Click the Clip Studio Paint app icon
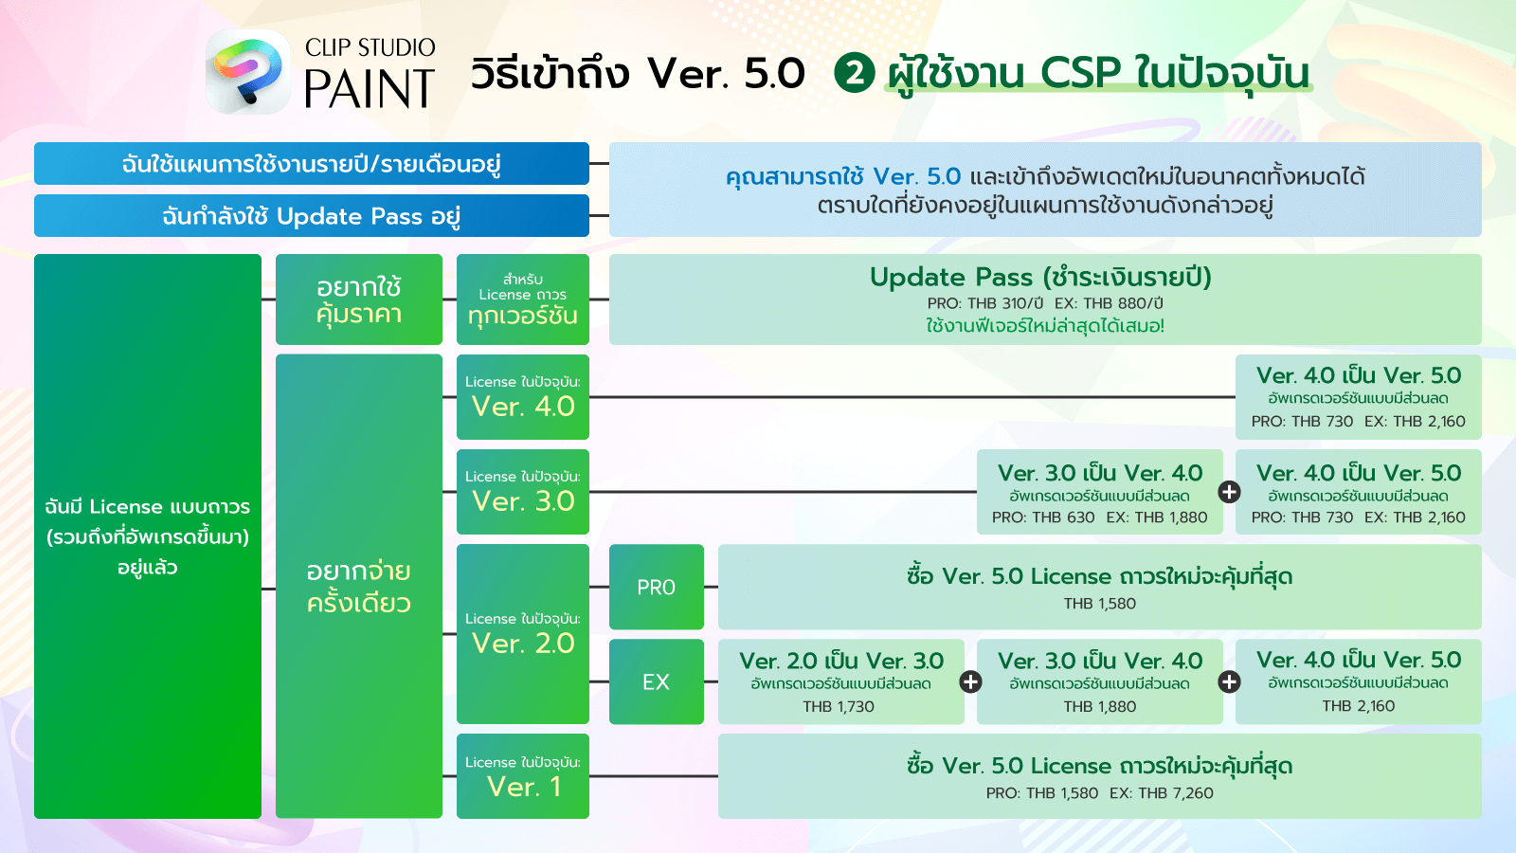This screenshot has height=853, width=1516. [x=247, y=71]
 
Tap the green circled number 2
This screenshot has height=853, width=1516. [x=854, y=73]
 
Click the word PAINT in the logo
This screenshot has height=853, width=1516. [x=370, y=88]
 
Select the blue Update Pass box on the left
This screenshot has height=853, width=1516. [x=312, y=216]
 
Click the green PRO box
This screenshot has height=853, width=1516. [x=657, y=587]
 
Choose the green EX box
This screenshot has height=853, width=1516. [x=657, y=681]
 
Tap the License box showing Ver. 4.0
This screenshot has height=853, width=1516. [x=523, y=397]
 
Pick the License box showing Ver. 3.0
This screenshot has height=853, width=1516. [x=523, y=492]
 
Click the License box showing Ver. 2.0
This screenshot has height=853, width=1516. [x=523, y=634]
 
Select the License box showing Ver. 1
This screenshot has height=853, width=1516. [x=523, y=776]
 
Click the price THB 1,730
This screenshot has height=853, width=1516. [x=839, y=707]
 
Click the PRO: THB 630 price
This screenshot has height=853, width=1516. [x=1043, y=517]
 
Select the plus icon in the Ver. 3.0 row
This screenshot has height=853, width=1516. [x=1229, y=492]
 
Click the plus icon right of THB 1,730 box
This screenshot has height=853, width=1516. [x=970, y=681]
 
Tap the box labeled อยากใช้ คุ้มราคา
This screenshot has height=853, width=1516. [x=359, y=299]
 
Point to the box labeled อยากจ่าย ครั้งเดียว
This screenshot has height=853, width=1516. [x=359, y=587]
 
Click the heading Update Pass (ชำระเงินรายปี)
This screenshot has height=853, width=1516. [x=1040, y=278]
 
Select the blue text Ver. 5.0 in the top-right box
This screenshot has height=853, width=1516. [x=917, y=176]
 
